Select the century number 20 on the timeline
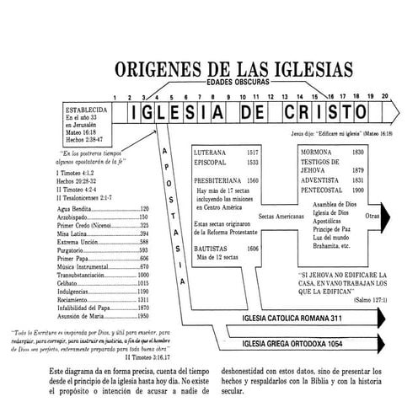[384, 98]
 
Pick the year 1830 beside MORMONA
[357, 152]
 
